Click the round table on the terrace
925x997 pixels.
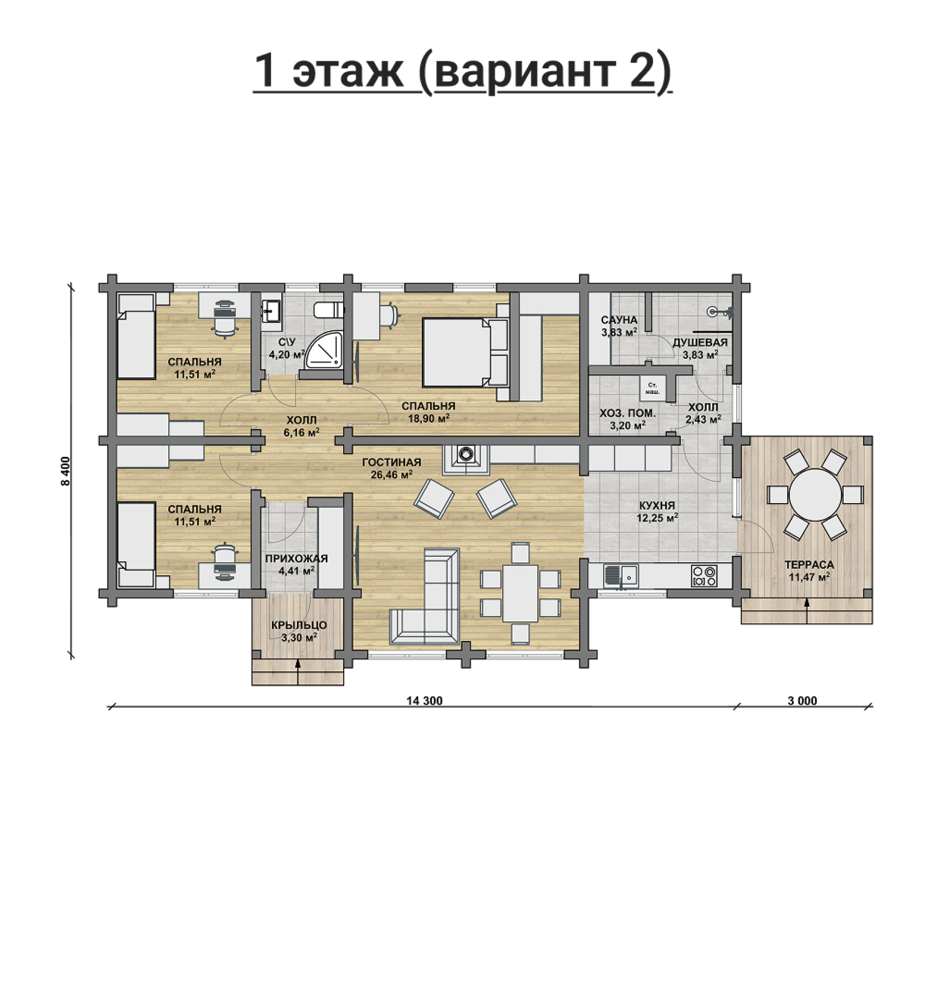point(815,494)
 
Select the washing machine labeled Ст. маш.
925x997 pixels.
point(651,388)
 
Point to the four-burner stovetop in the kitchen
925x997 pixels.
point(704,575)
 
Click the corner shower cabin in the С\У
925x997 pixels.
point(324,351)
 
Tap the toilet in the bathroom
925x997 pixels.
point(329,310)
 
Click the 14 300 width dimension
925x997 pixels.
point(425,701)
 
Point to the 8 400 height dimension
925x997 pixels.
point(66,471)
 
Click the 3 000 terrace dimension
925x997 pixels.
point(802,701)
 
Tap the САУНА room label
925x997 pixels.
point(619,320)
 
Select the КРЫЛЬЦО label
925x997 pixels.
point(299,626)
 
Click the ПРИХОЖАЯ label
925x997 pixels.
point(296,558)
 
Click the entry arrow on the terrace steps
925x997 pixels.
point(807,610)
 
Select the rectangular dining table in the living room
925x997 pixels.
point(520,593)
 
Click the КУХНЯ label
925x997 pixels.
point(657,506)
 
